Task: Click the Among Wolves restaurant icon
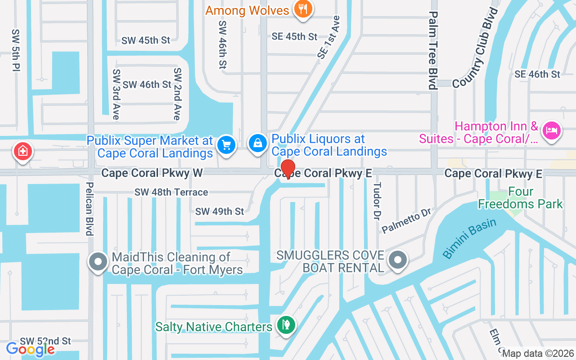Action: [x=303, y=9]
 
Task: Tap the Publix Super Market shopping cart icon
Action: [x=226, y=145]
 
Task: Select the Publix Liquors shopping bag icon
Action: [x=257, y=144]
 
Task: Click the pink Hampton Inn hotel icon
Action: [x=551, y=131]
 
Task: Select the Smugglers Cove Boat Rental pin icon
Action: [x=397, y=260]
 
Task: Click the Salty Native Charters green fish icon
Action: [x=285, y=324]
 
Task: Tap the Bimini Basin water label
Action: [x=469, y=238]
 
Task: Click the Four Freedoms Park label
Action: [x=520, y=198]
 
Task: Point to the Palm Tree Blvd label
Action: [x=433, y=50]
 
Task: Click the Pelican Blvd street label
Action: [x=90, y=208]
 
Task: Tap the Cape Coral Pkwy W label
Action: [x=152, y=173]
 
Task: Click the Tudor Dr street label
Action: [x=377, y=201]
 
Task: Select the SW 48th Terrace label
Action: [x=171, y=192]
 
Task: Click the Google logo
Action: [x=31, y=349]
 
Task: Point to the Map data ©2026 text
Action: [x=538, y=354]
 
